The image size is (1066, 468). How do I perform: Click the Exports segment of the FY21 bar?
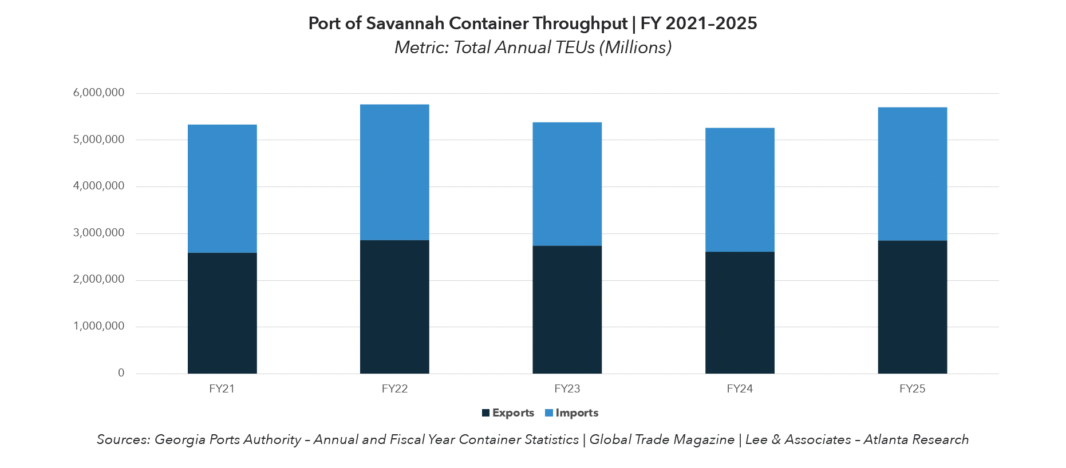click(222, 313)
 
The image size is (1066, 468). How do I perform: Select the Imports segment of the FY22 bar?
click(394, 172)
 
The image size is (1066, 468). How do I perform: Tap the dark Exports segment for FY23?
click(567, 310)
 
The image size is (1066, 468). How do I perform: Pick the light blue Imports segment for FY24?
click(740, 189)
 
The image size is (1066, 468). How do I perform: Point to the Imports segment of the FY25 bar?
click(912, 174)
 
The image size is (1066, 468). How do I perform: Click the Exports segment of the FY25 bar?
click(912, 307)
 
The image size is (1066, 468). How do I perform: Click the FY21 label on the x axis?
click(222, 389)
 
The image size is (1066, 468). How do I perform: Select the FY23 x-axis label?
click(567, 389)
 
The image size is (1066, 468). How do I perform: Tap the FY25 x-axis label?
click(912, 389)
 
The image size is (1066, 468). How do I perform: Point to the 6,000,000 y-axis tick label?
click(98, 93)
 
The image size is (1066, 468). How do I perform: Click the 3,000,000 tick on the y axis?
click(98, 233)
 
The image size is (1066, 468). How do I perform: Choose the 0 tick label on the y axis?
click(121, 373)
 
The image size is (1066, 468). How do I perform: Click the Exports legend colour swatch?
click(486, 413)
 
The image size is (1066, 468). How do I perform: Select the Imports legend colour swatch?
click(549, 413)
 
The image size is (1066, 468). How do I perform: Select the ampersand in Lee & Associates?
click(776, 439)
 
